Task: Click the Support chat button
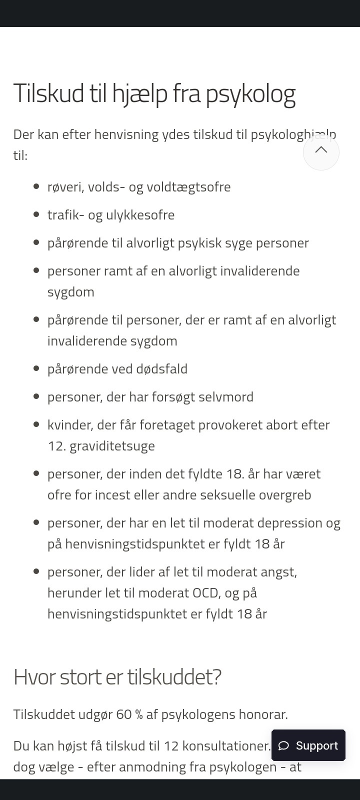pos(308,745)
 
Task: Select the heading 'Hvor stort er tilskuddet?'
pos(117,677)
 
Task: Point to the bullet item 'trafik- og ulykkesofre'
pos(111,215)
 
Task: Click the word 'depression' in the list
pos(291,523)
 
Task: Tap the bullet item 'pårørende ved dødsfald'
pos(117,369)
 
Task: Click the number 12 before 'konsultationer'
pos(171,746)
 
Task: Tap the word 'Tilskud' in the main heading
pos(48,93)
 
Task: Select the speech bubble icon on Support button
pos(284,745)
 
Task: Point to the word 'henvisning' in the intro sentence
pos(126,134)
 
